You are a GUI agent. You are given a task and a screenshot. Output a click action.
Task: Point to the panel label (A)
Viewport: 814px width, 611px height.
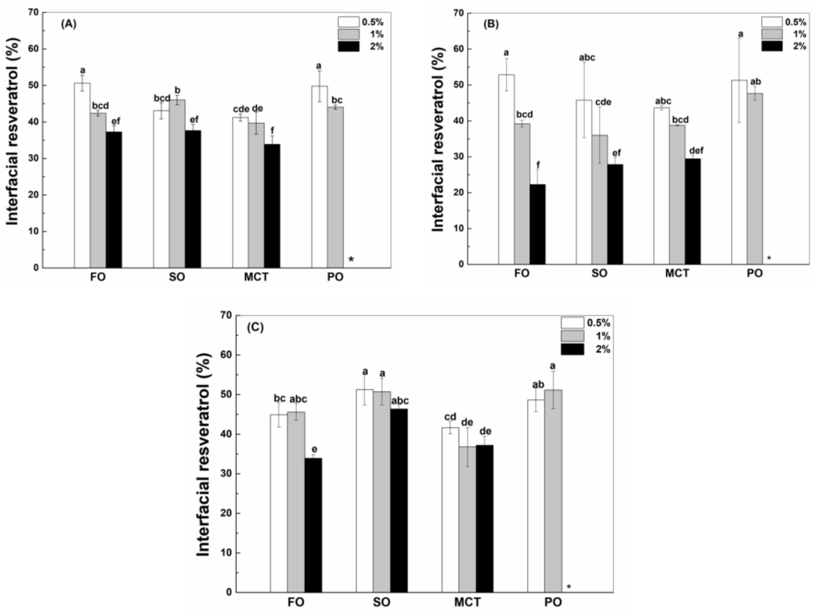point(69,24)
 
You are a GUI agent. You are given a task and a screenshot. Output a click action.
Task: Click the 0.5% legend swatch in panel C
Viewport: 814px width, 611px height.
point(572,323)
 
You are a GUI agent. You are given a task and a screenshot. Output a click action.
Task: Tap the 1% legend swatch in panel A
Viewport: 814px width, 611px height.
point(348,34)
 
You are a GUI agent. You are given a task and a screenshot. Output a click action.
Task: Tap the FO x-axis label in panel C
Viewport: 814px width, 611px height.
point(296,602)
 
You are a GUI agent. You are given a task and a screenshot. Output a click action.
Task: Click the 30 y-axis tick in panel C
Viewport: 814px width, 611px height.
point(227,474)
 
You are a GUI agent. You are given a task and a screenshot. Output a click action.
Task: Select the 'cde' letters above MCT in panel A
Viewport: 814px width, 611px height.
point(241,109)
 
